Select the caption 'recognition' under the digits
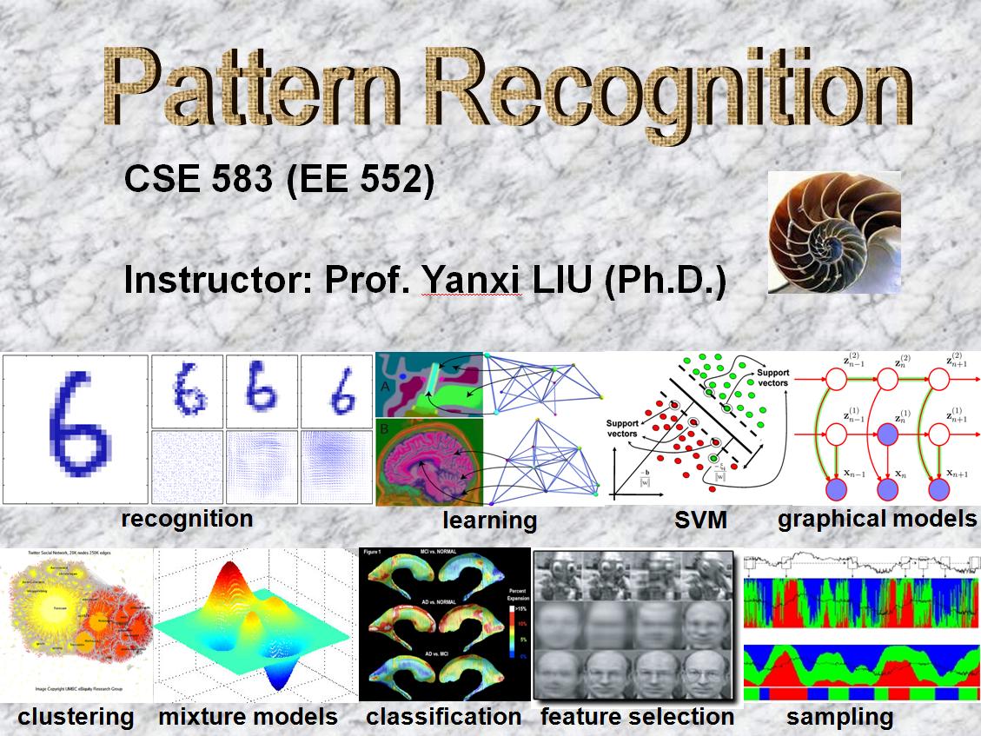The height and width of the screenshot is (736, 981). tap(188, 519)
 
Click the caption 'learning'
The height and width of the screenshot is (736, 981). tap(489, 521)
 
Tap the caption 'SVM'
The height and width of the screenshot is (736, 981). tap(700, 521)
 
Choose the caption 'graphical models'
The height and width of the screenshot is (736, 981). tap(877, 519)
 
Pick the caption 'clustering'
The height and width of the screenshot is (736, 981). tap(76, 717)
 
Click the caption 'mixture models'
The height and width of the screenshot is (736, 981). tap(248, 717)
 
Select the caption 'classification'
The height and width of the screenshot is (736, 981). tap(443, 717)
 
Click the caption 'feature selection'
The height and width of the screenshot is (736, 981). tap(637, 717)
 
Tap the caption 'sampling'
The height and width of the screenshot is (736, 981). tap(839, 717)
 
